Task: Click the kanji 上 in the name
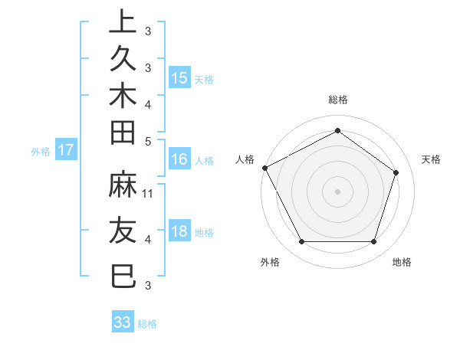pos(123,22)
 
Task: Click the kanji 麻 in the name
pos(123,185)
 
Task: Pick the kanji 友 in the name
pos(123,230)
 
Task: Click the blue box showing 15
pos(179,77)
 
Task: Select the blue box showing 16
pos(179,159)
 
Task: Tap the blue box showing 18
pos(179,231)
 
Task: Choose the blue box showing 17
pos(66,150)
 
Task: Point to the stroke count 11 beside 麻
pos(148,194)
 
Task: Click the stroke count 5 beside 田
pos(148,141)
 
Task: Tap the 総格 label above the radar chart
pos(337,100)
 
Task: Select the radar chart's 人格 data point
pos(265,168)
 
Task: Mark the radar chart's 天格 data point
pos(396,172)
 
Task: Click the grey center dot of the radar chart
pos(337,191)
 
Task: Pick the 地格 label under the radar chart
pos(402,262)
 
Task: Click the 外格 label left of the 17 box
pos(41,152)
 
